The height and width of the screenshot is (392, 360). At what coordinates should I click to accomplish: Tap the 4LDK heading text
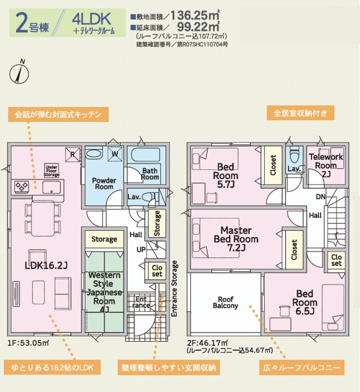pos(92,19)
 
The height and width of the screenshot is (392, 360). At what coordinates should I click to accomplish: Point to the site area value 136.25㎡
pos(195,16)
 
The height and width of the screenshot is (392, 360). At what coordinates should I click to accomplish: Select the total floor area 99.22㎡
pos(198,27)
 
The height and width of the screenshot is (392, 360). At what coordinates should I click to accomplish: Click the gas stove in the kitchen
pos(21,186)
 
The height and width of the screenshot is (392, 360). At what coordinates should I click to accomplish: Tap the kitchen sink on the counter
pos(51,188)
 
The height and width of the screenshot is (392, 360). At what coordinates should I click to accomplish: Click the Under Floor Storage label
pos(52,171)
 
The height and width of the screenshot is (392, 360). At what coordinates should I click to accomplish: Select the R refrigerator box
pos(73,155)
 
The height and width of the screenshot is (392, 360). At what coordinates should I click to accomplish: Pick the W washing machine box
pos(115,154)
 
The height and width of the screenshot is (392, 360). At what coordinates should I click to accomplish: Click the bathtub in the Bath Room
pos(145,155)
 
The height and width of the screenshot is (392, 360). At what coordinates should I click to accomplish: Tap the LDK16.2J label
pos(46,265)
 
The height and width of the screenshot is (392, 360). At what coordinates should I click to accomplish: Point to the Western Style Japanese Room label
pos(104,292)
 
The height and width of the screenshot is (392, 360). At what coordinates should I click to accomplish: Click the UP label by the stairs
pos(141,249)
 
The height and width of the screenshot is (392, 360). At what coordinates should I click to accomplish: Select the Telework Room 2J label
pos(326,165)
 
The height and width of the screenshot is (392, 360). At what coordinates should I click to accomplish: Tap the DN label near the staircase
pos(321,197)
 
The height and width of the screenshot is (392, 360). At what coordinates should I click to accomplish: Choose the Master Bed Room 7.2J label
pos(236,238)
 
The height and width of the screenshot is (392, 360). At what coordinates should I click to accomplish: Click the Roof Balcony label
pos(225,302)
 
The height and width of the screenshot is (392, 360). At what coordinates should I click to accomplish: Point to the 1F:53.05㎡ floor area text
pos(28,343)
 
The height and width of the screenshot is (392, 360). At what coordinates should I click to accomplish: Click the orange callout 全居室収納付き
pos(301,113)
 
